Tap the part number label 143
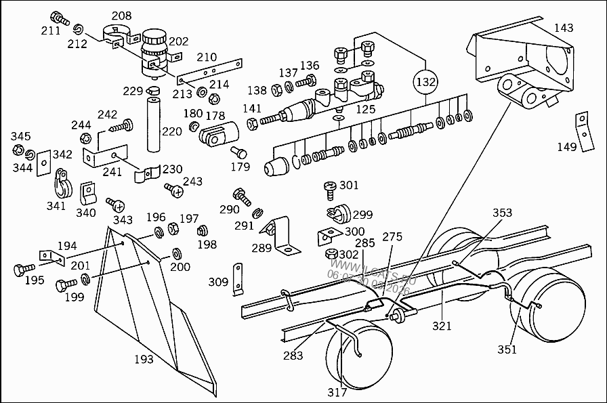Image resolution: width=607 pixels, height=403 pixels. pyautogui.click(x=563, y=28)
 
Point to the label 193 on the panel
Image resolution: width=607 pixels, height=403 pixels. pyautogui.click(x=143, y=359)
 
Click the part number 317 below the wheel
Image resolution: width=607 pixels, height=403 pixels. pyautogui.click(x=337, y=392)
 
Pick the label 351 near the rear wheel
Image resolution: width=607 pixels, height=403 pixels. pyautogui.click(x=507, y=349)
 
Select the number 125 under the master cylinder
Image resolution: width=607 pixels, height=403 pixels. pyautogui.click(x=366, y=108)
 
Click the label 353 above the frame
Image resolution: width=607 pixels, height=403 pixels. pyautogui.click(x=502, y=213)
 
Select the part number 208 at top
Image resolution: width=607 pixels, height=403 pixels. pyautogui.click(x=121, y=16)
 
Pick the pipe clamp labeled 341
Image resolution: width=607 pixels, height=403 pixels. pyautogui.click(x=62, y=184)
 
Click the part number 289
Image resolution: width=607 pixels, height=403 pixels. pyautogui.click(x=262, y=249)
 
